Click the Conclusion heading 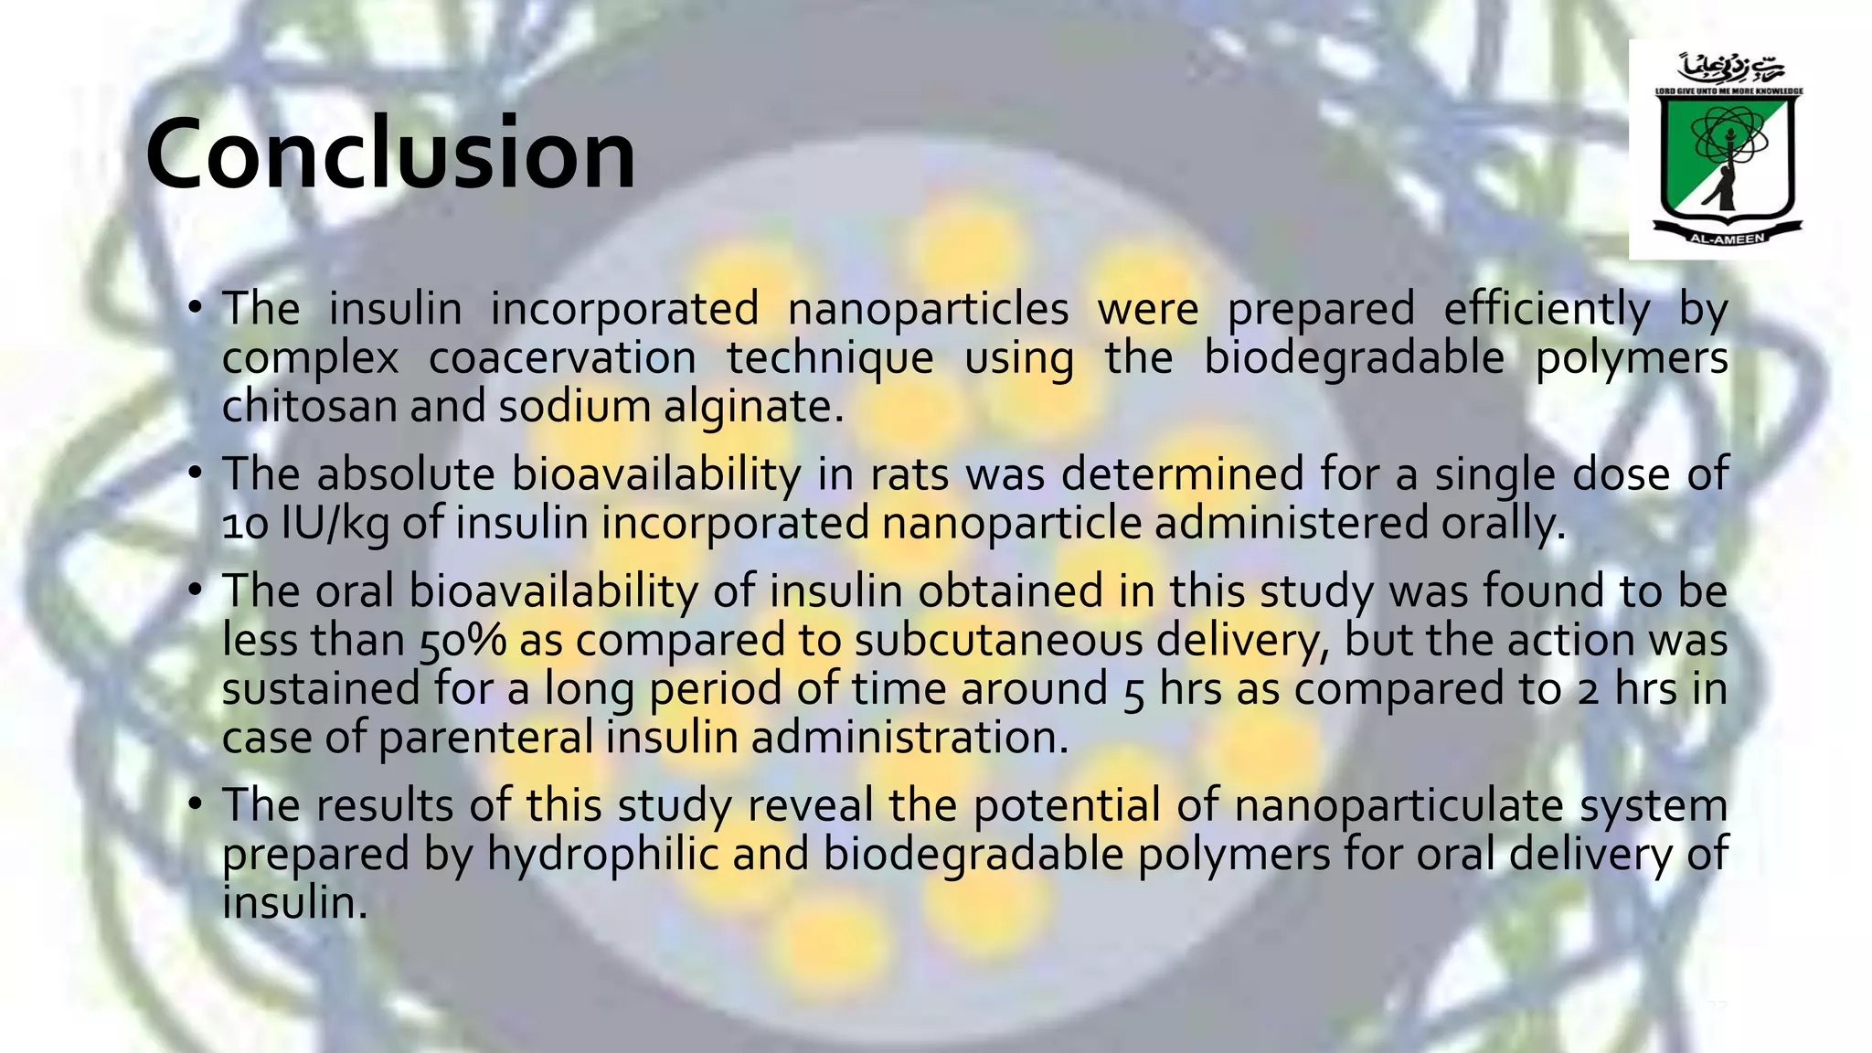pos(390,154)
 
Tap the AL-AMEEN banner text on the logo pos(1727,239)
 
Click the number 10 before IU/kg pos(245,525)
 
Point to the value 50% pos(463,640)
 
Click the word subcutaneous pos(998,640)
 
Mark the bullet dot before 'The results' pos(195,804)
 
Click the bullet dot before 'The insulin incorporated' pos(195,308)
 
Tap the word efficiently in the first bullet pos(1547,309)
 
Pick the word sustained pos(320,688)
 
